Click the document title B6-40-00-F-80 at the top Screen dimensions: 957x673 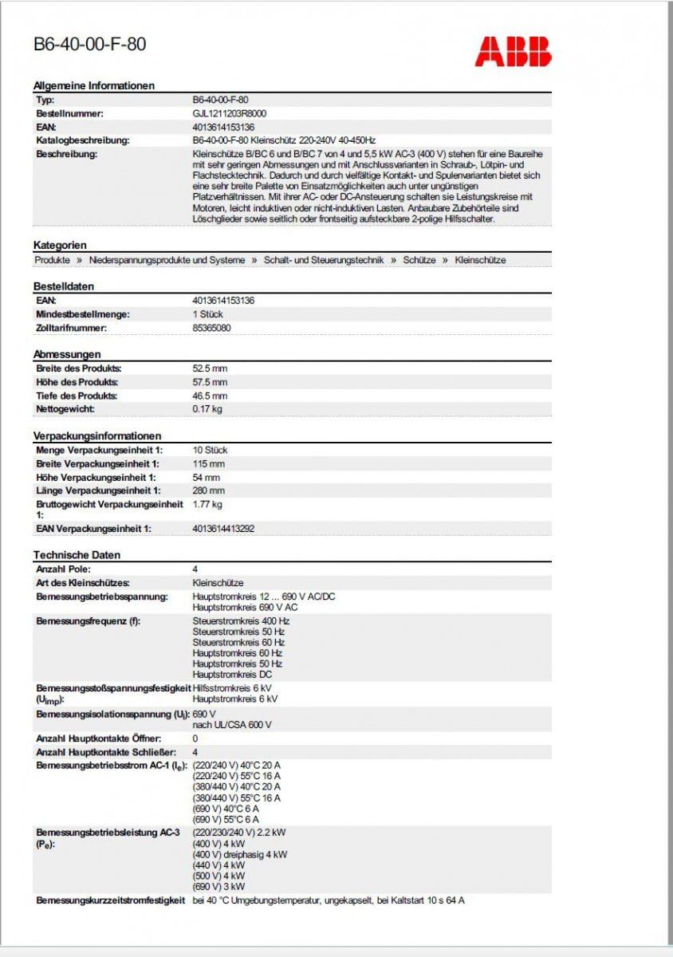(89, 45)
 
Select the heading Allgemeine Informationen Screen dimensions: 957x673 (94, 85)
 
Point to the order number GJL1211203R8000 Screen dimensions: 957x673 (230, 113)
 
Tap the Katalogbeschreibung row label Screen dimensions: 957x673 (83, 140)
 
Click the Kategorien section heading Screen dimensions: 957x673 (60, 245)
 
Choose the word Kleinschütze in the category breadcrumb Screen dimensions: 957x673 (480, 260)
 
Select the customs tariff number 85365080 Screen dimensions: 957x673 (212, 328)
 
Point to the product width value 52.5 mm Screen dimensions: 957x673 (210, 368)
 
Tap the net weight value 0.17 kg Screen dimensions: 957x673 (207, 409)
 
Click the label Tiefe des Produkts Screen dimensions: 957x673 (77, 396)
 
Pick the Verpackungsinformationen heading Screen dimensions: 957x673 (97, 435)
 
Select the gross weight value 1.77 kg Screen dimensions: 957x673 (207, 504)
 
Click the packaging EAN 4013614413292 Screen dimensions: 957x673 (223, 528)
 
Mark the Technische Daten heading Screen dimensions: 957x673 (77, 554)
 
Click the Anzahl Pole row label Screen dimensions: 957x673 (64, 569)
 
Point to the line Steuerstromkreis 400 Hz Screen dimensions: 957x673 (241, 620)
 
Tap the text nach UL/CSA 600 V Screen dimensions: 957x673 (232, 725)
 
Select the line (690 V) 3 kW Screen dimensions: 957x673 (218, 886)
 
